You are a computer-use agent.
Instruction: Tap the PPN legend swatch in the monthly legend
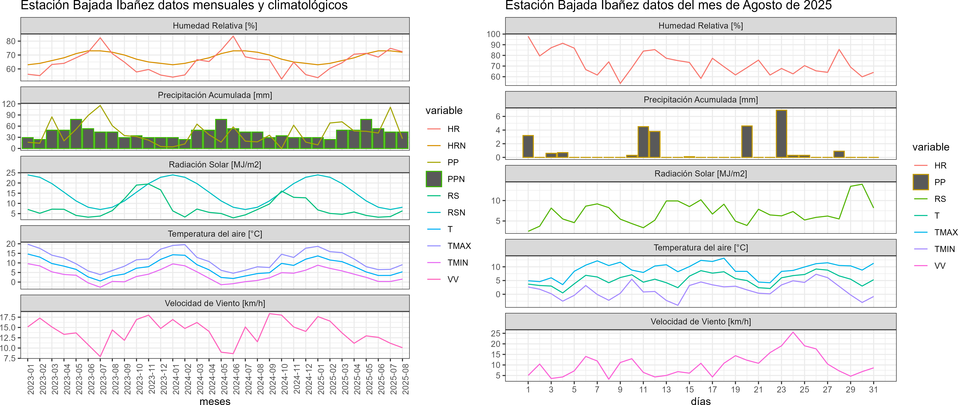click(x=434, y=179)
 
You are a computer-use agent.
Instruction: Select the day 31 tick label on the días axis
click(x=873, y=390)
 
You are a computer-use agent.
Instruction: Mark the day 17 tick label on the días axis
click(x=712, y=390)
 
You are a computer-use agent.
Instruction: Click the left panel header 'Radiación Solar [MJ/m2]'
click(x=215, y=164)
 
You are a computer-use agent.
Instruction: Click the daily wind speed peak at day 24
click(x=793, y=332)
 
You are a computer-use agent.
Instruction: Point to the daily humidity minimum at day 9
click(x=620, y=83)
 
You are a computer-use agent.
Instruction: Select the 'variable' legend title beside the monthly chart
click(x=444, y=111)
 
